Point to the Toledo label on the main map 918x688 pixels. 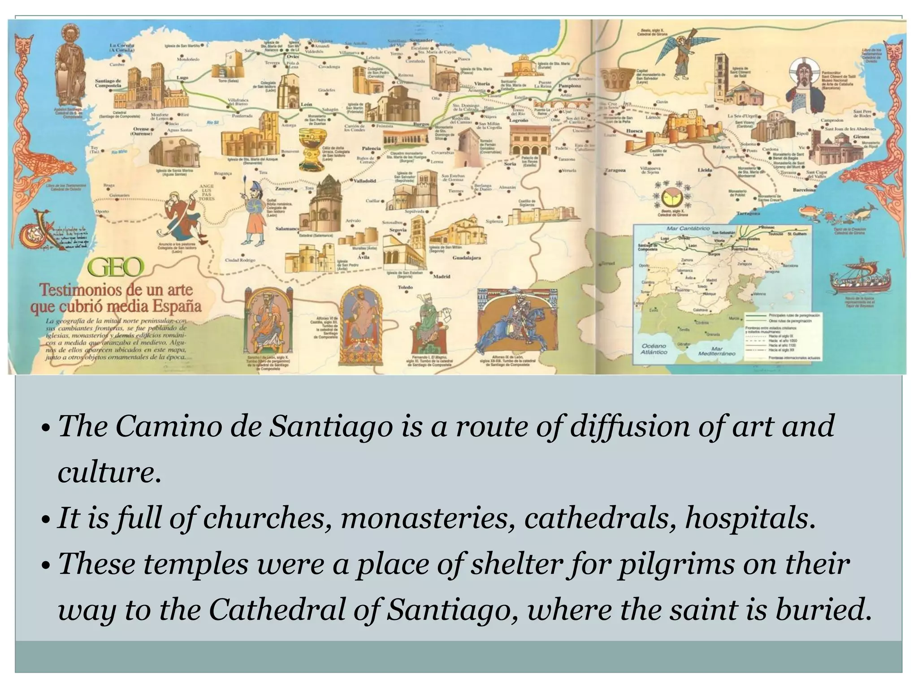[405, 287]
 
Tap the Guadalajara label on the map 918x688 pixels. [467, 258]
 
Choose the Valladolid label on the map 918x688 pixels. [364, 181]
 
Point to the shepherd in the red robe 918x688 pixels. [184, 211]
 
